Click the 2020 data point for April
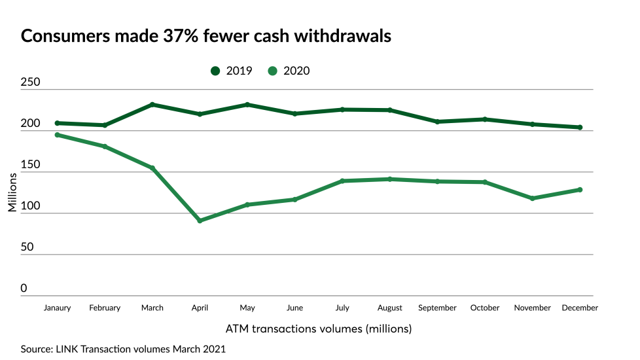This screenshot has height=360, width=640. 200,221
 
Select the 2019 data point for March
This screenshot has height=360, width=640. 152,105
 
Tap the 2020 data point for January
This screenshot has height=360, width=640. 58,135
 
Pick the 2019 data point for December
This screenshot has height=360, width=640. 580,128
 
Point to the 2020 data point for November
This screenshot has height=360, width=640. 532,198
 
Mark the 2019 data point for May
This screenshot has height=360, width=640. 247,105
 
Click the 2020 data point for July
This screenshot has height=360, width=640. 342,181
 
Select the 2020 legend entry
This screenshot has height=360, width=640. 289,71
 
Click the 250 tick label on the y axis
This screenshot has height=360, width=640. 31,83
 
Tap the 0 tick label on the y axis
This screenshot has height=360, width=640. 24,289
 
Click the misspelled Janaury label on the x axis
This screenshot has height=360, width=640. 58,308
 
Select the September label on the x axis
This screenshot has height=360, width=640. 437,308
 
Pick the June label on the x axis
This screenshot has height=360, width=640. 294,308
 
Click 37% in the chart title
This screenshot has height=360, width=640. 179,36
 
